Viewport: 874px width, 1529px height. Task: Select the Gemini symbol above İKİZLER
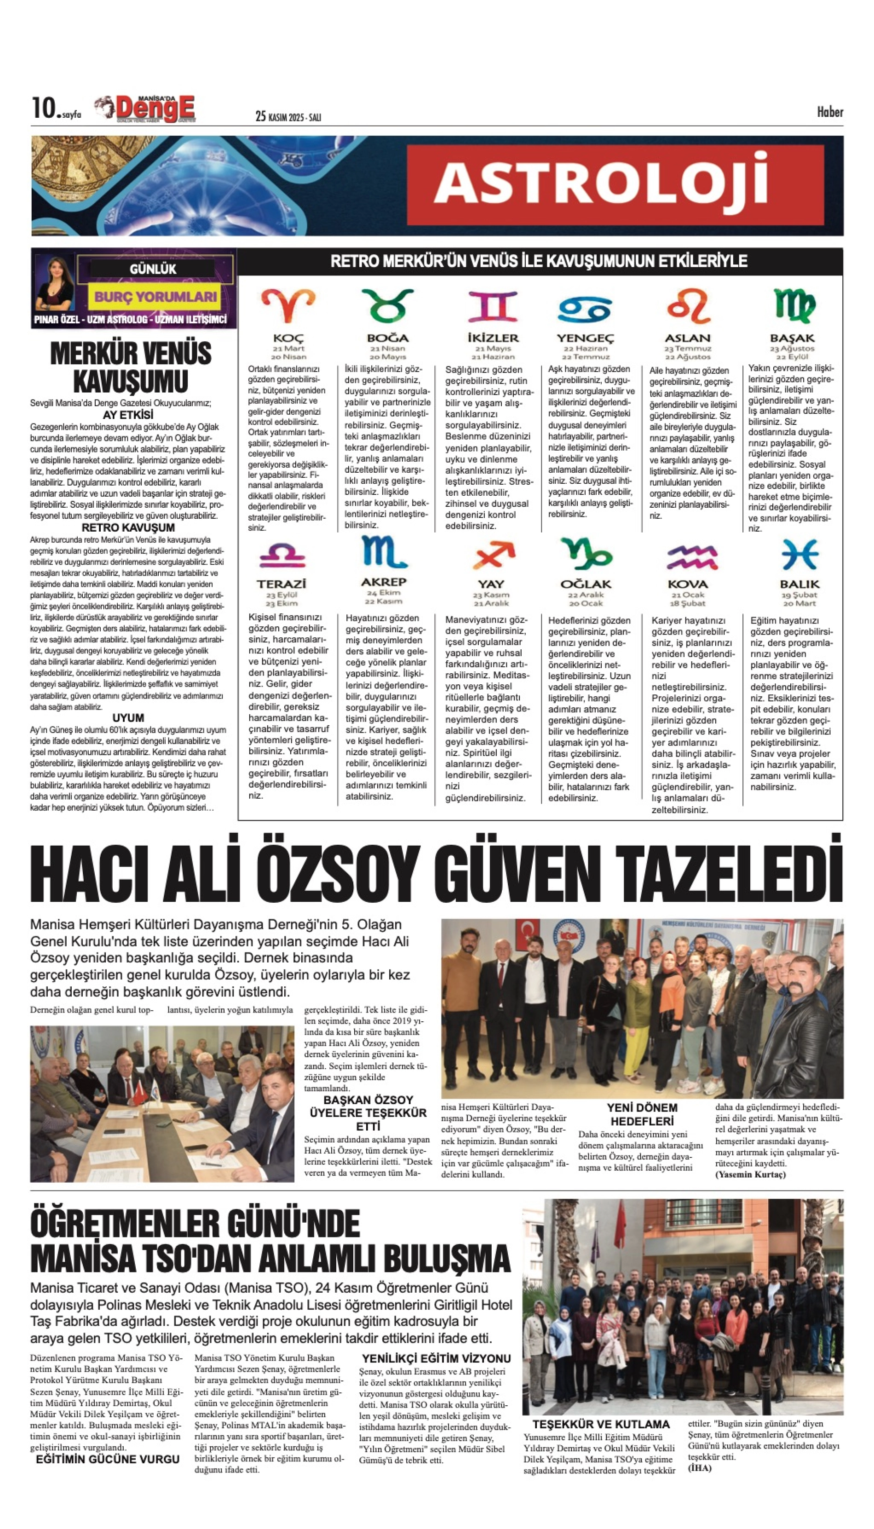point(492,306)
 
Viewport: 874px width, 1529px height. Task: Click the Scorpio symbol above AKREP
point(384,552)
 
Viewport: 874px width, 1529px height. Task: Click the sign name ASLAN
point(687,338)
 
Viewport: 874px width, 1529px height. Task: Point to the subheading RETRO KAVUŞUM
point(128,527)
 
